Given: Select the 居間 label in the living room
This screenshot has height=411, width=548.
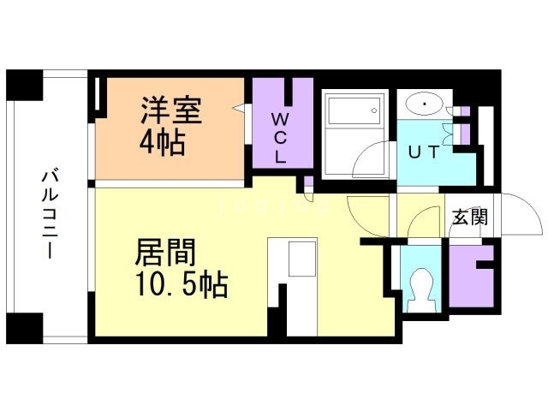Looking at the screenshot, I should coord(165,253).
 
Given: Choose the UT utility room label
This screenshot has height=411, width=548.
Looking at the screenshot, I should coord(423,153).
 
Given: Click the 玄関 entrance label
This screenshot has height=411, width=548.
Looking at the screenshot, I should coord(469,217).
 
